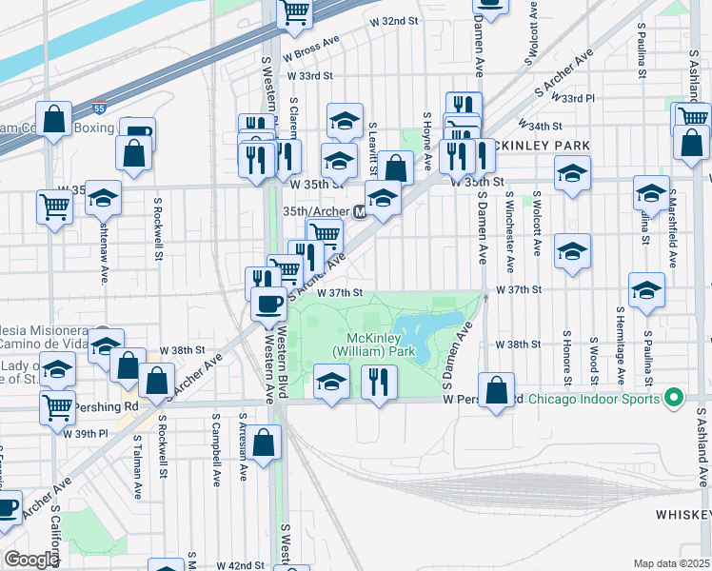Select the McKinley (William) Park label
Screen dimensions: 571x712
374,345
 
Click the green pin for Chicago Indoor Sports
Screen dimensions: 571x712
675,397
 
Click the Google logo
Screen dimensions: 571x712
30,560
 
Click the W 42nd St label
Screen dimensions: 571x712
239,564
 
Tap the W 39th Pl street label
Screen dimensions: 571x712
85,433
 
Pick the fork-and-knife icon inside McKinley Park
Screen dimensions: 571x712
380,383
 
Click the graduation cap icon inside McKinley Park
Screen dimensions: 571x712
331,383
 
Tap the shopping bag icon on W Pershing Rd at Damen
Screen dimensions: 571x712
496,389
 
